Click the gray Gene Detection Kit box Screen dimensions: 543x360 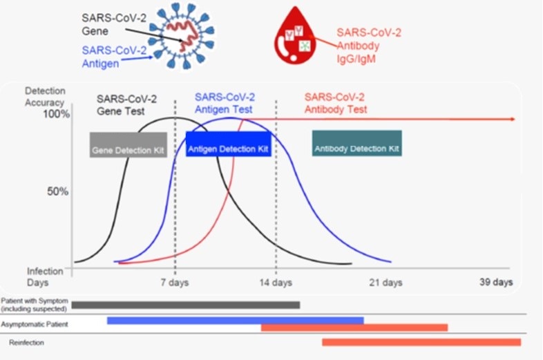(x=128, y=145)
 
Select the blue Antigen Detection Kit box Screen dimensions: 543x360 (x=229, y=144)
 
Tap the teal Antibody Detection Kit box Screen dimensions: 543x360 (x=357, y=143)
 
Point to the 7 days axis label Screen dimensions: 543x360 (x=175, y=283)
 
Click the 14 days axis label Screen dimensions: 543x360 (x=276, y=283)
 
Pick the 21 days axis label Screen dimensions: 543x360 (x=385, y=283)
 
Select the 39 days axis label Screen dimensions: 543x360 (x=496, y=282)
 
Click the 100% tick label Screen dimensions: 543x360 (x=57, y=113)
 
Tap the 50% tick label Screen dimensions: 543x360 (x=58, y=191)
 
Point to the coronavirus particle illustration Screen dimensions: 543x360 (x=184, y=35)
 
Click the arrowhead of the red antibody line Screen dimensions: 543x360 (x=513, y=119)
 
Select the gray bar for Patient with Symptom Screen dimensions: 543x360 (x=186, y=305)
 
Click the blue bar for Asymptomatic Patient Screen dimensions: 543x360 (x=236, y=321)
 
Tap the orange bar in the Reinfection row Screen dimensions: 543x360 (x=421, y=342)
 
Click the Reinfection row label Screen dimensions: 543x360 (x=27, y=342)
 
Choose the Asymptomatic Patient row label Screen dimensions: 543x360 (x=35, y=324)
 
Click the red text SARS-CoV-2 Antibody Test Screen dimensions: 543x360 (x=336, y=103)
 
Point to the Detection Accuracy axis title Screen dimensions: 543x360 (x=45, y=97)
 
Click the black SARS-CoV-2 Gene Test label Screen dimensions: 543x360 (x=126, y=105)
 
